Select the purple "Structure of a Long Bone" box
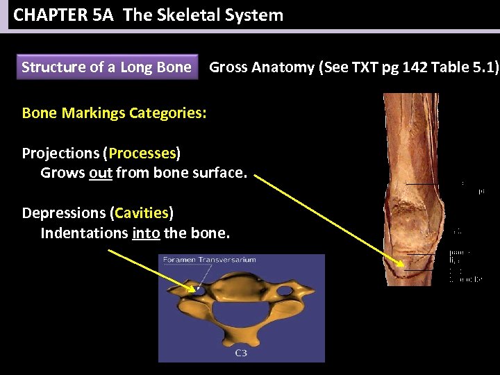106,67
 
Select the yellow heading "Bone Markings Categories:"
114,112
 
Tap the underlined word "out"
101,172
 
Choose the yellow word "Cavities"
142,212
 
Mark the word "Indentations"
84,233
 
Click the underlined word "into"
146,233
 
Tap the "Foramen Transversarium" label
209,260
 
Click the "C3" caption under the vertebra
241,353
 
